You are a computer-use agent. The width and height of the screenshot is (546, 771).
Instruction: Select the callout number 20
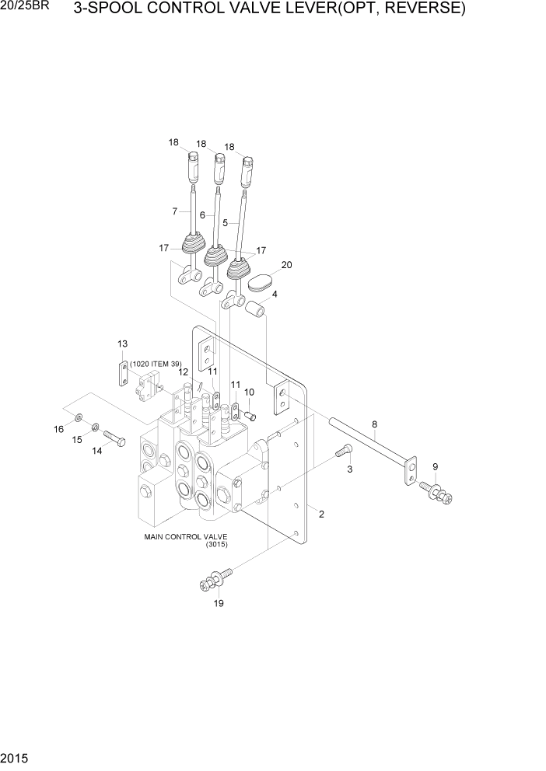pyautogui.click(x=286, y=265)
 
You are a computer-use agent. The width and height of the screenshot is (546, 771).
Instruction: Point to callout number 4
pyautogui.click(x=275, y=295)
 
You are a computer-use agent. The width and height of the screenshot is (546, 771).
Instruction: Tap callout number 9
pyautogui.click(x=435, y=466)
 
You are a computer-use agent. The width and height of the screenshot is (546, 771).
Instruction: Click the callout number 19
pyautogui.click(x=219, y=604)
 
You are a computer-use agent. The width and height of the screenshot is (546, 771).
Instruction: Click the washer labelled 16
pyautogui.click(x=81, y=419)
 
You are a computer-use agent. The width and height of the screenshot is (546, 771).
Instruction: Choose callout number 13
pyautogui.click(x=122, y=344)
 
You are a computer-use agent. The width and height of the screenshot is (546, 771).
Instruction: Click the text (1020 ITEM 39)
pyautogui.click(x=160, y=364)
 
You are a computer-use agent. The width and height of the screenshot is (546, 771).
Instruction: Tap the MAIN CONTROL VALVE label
pyautogui.click(x=184, y=536)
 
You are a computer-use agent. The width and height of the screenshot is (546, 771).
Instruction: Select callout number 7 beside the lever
pyautogui.click(x=175, y=211)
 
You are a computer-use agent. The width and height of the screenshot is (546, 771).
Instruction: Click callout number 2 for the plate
pyautogui.click(x=321, y=514)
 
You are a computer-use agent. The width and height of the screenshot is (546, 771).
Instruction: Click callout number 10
pyautogui.click(x=249, y=392)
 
